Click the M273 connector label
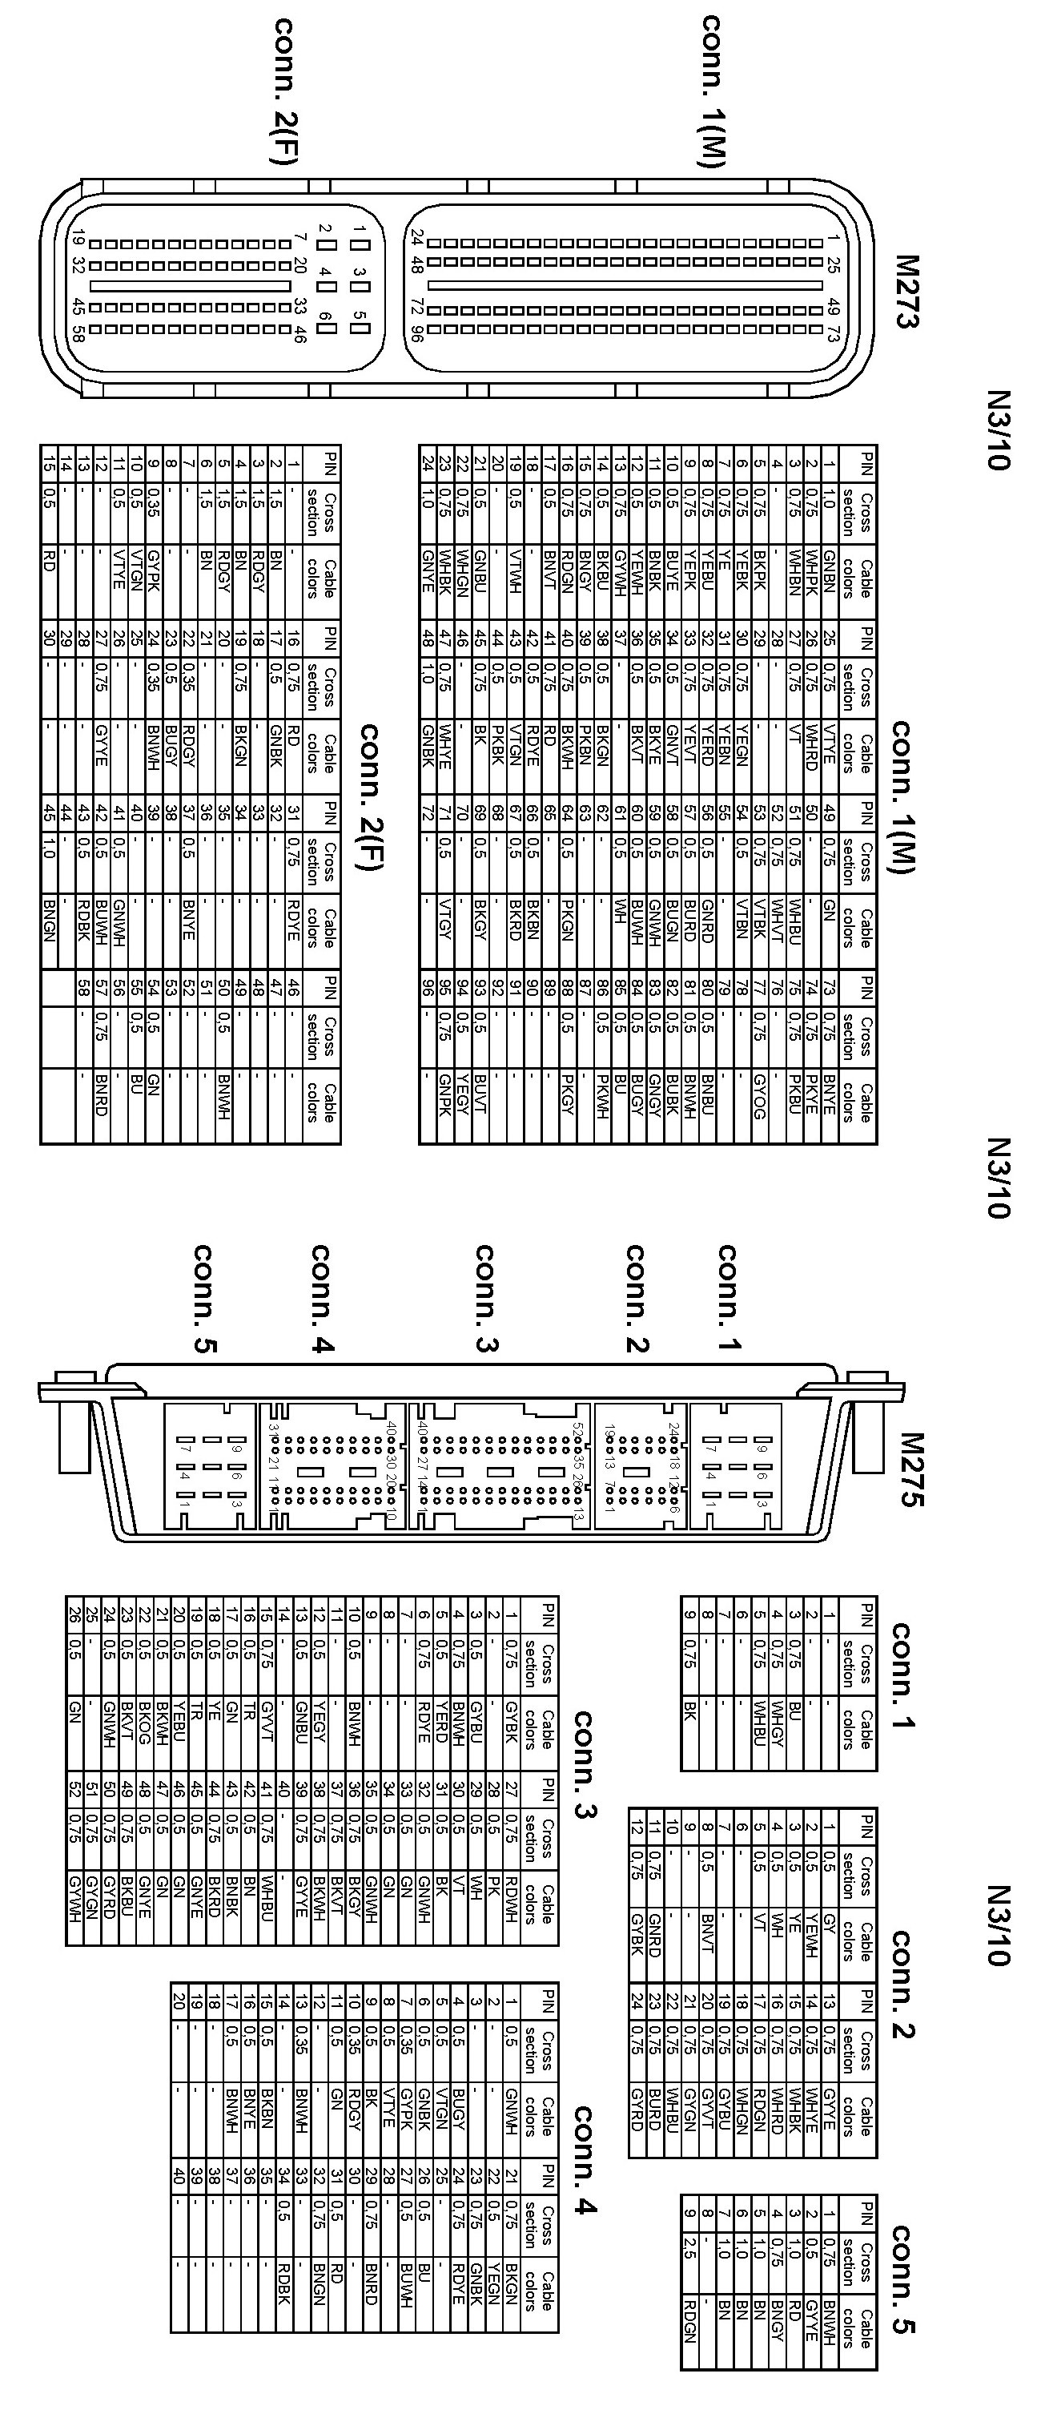point(906,291)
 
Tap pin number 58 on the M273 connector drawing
point(79,332)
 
